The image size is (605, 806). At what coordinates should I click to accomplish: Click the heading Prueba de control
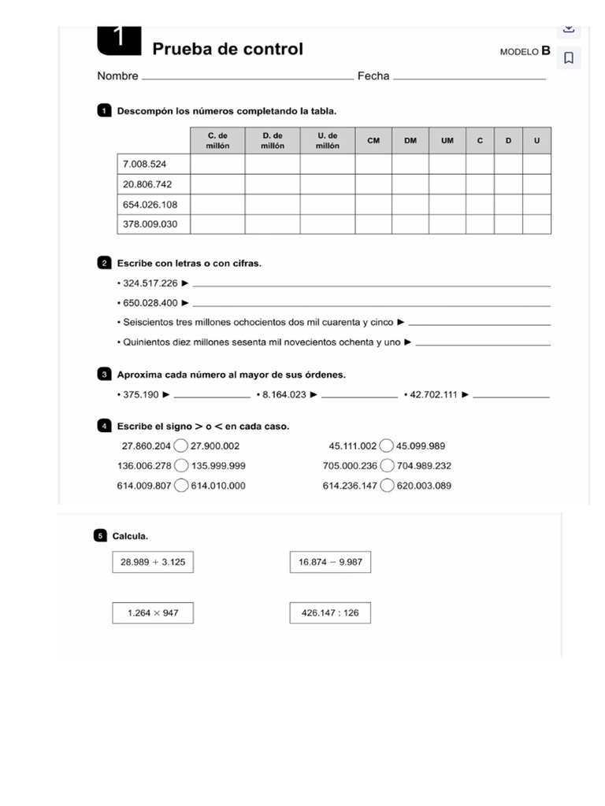point(228,49)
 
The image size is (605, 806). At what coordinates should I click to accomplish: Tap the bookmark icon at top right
point(569,57)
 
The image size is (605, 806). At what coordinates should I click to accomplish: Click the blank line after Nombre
point(247,77)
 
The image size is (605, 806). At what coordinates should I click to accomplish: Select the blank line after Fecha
point(469,77)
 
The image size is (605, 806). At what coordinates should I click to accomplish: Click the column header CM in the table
point(373,141)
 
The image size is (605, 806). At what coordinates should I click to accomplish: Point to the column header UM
point(447,141)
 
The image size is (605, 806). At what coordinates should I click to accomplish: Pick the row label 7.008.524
point(145,164)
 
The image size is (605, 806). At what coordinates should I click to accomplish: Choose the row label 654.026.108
point(150,205)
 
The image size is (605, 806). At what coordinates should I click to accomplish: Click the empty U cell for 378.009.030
point(537,224)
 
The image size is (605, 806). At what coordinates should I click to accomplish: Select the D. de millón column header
point(273,141)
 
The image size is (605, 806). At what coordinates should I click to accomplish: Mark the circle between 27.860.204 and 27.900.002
point(181,446)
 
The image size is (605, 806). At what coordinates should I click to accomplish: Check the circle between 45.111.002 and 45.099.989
point(387,446)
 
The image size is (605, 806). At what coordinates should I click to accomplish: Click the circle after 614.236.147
point(387,486)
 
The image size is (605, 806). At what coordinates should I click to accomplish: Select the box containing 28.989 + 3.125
point(153,562)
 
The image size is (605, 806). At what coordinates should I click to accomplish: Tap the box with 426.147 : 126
point(330,612)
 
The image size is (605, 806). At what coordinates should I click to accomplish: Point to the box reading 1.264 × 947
point(153,612)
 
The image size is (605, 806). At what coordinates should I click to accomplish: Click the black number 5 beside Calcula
point(100,536)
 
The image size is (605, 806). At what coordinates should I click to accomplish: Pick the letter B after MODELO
point(546,51)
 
